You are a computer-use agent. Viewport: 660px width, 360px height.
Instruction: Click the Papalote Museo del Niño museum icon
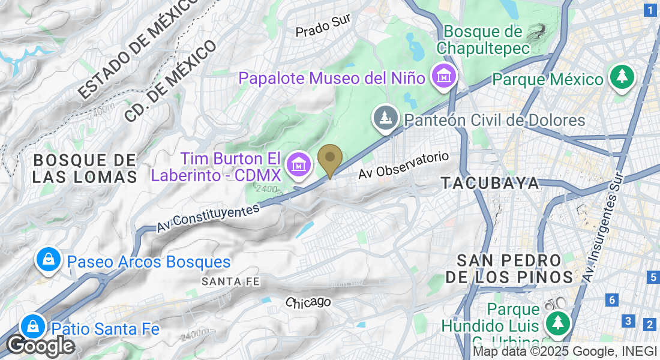445,76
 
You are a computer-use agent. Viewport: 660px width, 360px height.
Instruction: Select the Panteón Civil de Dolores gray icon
386,117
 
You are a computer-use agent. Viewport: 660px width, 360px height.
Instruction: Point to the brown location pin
329,158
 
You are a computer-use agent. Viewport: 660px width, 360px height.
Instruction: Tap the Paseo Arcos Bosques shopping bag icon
46,260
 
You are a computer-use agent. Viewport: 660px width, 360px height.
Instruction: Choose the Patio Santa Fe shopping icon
31,327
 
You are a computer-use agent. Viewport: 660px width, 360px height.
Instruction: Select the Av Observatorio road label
403,164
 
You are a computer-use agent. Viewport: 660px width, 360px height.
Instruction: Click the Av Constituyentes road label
208,218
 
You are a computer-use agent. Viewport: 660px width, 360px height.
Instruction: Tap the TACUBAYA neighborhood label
490,184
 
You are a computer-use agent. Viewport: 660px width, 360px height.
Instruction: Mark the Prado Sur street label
323,26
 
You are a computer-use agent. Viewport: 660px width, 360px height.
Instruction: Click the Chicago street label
308,302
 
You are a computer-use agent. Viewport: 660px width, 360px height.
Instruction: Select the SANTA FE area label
222,281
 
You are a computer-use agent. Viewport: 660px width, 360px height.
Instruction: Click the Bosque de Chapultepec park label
484,39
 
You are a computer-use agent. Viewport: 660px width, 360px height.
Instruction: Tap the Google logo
40,346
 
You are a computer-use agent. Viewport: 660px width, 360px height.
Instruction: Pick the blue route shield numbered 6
611,300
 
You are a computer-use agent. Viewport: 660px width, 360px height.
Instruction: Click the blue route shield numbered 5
653,277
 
